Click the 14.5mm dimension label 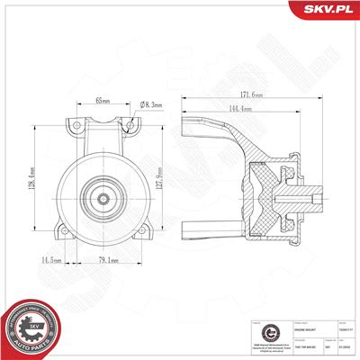pos(50,261)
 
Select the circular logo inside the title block pos(256,331)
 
